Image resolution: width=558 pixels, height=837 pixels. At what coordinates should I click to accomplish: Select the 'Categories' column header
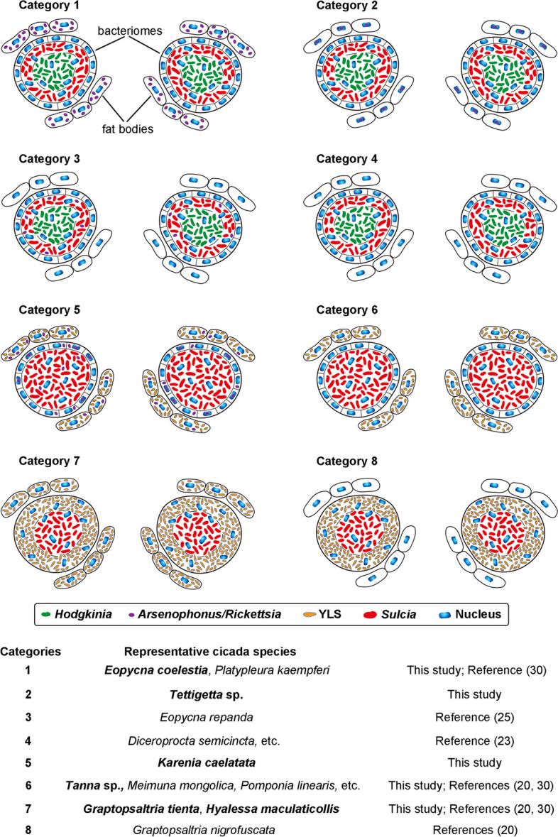tap(31, 651)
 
